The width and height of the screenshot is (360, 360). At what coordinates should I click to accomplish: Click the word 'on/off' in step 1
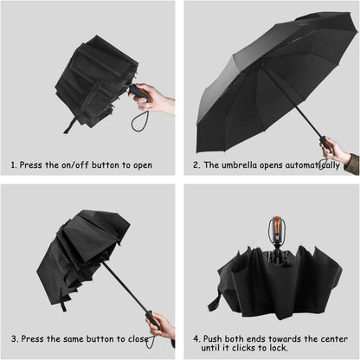pos(75,165)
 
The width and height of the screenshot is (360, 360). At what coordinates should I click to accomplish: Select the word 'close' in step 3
pos(138,338)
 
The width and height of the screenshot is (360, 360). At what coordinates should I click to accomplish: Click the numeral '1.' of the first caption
pos(14,165)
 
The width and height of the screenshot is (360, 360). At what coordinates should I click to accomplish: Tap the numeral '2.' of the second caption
pos(196,165)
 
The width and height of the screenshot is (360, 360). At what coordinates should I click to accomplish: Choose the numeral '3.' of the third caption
pos(15,338)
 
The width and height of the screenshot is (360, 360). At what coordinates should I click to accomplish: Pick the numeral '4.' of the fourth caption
pos(196,338)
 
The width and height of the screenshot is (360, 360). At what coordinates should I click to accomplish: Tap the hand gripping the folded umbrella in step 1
pos(156,99)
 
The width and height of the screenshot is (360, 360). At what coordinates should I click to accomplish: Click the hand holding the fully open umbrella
pos(336,150)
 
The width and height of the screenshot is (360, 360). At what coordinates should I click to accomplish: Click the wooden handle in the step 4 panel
pos(277,228)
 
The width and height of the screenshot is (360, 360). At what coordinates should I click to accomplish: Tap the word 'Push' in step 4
pos(213,338)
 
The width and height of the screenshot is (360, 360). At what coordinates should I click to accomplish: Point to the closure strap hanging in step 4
pos(215,300)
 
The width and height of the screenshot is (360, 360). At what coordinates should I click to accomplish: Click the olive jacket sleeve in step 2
pos(352,164)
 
